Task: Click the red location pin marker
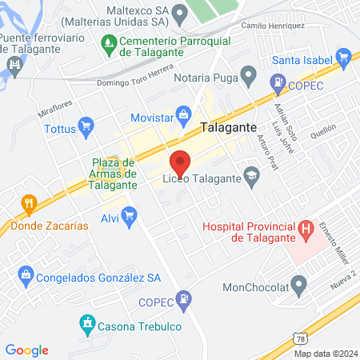click(180, 162)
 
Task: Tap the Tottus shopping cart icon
click(86, 126)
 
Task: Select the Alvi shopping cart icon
click(129, 214)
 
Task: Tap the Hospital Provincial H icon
click(305, 231)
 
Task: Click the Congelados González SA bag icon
click(26, 276)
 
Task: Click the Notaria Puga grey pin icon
click(249, 78)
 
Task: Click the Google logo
click(26, 350)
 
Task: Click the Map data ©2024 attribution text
click(325, 353)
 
